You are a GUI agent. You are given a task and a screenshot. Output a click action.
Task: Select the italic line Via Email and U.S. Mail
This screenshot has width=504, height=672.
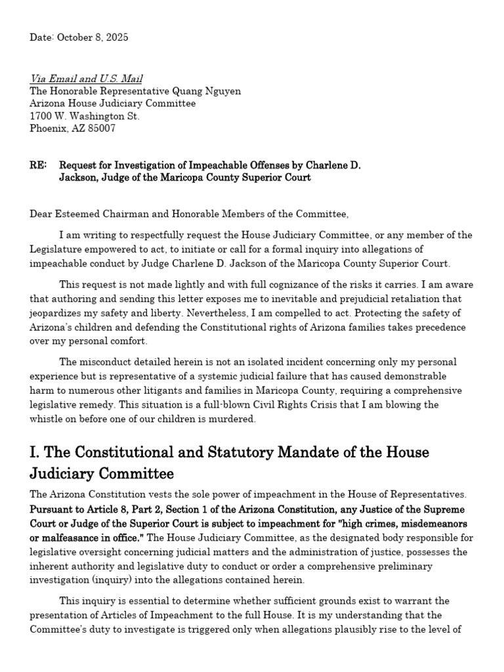(x=86, y=79)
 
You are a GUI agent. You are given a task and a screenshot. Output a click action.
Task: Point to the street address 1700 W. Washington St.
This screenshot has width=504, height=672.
(x=85, y=116)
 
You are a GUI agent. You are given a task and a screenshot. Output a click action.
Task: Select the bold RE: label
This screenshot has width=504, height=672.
(x=38, y=165)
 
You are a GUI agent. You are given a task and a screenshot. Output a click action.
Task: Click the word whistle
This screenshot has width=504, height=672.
(x=48, y=419)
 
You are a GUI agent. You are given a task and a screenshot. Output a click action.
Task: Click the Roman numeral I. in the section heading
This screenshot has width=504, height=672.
(x=35, y=452)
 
